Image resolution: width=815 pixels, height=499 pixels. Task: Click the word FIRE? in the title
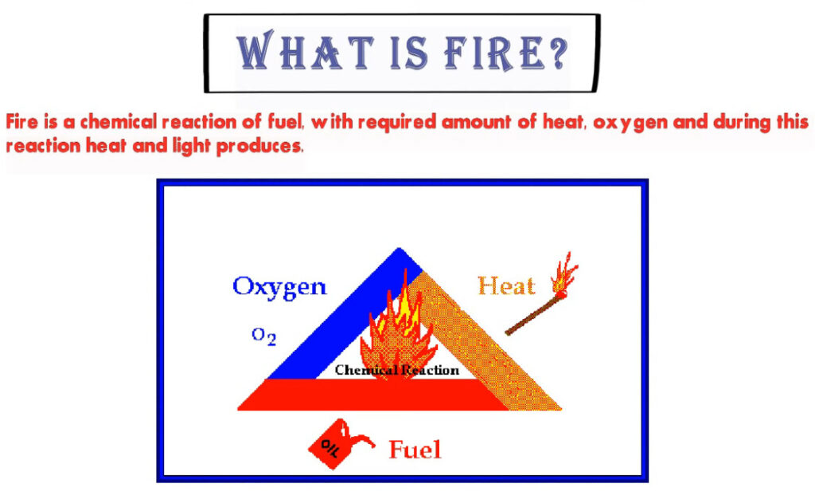(x=505, y=53)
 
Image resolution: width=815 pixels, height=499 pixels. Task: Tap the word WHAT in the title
(x=306, y=50)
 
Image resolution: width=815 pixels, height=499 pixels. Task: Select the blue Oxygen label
(x=279, y=288)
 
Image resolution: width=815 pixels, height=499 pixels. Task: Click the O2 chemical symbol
(x=264, y=336)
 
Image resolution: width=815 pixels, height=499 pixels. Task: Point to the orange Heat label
(x=506, y=286)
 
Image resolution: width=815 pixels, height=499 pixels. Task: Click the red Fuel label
(x=415, y=450)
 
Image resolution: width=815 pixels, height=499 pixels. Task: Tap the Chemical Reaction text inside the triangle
(x=397, y=370)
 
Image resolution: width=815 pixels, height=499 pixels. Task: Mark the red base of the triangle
(x=372, y=395)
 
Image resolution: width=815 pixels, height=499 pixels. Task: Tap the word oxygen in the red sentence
(x=630, y=123)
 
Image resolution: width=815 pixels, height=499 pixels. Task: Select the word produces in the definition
(x=259, y=147)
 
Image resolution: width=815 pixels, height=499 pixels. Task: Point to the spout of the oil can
(x=361, y=438)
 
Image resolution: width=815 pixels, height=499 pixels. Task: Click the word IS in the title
(x=409, y=53)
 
